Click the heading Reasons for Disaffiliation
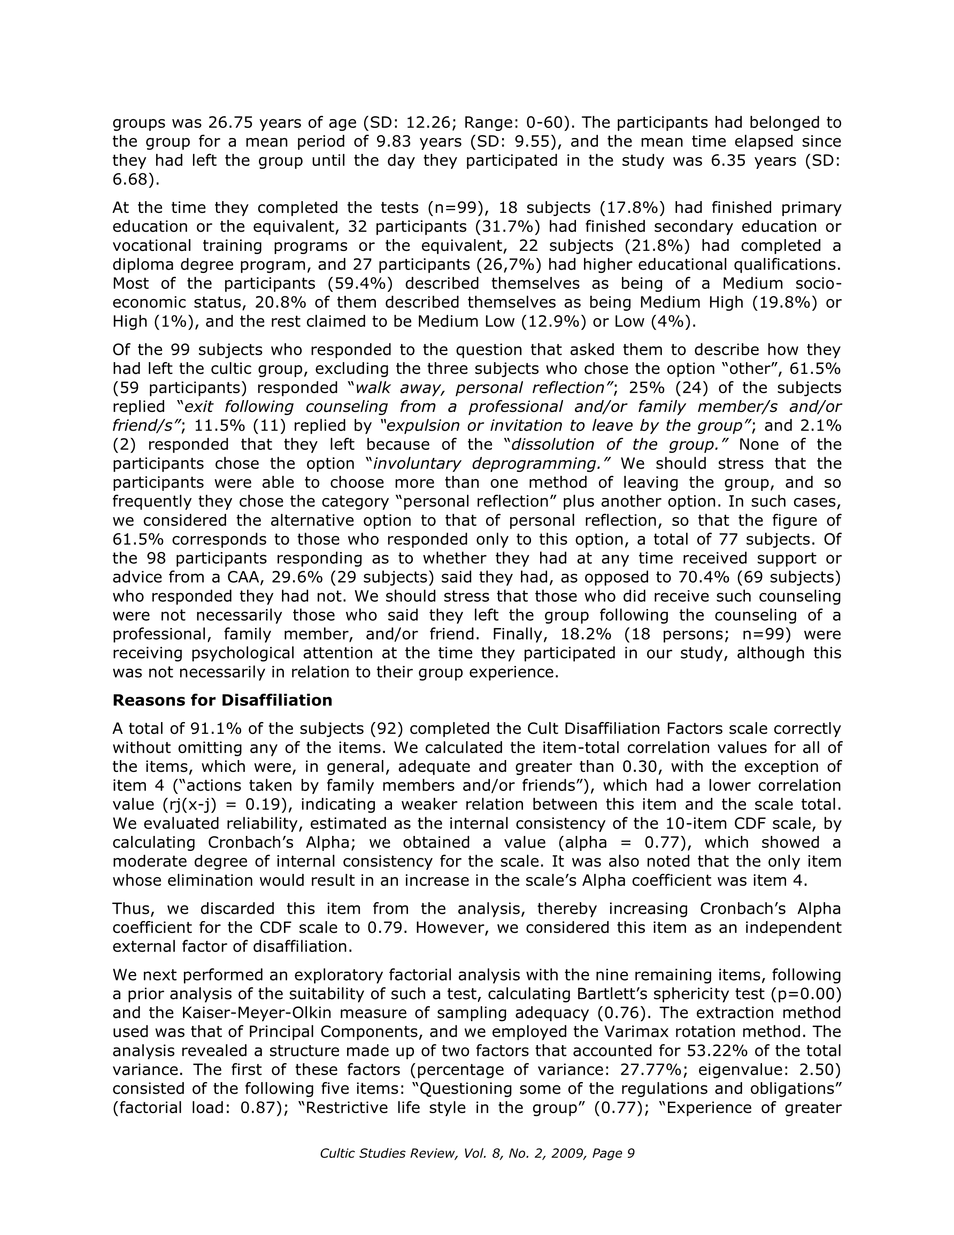pos(222,700)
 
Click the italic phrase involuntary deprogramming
pos(491,463)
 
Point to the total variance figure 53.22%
pos(715,1050)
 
